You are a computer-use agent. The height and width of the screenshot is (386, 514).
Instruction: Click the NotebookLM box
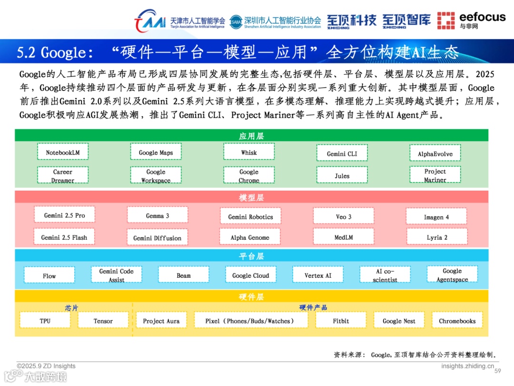(63, 152)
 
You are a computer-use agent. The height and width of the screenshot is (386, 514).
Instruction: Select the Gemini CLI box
(342, 153)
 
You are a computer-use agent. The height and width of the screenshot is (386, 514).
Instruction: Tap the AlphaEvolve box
(435, 153)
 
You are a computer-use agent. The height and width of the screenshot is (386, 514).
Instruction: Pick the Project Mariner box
(435, 175)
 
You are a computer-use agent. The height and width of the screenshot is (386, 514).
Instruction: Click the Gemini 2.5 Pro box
(64, 215)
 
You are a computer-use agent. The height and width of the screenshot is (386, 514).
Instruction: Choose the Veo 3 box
(343, 216)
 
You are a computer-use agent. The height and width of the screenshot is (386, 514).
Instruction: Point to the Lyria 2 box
(436, 237)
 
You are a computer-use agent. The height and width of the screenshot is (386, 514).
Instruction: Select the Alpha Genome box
(250, 237)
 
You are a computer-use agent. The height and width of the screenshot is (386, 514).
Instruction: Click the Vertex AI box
(318, 275)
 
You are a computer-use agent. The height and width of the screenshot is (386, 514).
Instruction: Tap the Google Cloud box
(250, 275)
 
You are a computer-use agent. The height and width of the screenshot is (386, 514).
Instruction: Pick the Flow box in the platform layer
(49, 275)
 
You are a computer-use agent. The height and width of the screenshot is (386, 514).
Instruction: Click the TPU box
(45, 321)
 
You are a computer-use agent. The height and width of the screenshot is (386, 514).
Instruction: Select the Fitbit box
(341, 321)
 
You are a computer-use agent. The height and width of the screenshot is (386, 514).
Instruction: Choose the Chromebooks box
(457, 321)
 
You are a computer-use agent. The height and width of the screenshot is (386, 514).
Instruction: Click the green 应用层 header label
(251, 136)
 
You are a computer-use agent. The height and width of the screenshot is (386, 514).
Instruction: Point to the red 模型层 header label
(251, 197)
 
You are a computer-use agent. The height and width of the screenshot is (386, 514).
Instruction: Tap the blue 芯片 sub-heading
(72, 307)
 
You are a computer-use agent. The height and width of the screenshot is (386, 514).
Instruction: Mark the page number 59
(498, 371)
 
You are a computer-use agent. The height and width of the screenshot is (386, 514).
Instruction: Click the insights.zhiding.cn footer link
(467, 366)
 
